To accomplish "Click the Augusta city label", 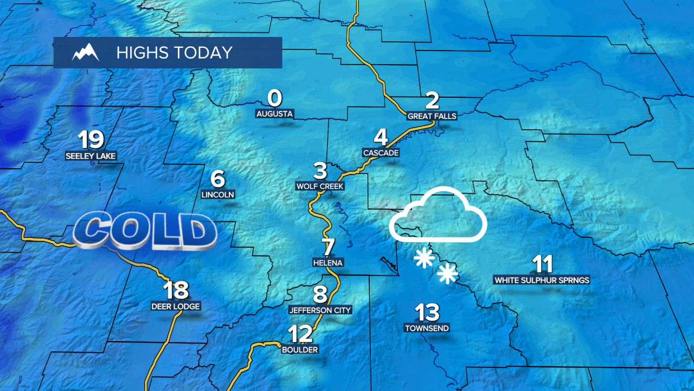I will point(275,114).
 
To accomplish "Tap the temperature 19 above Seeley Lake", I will point(91,140).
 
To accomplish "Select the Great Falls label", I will point(432,116).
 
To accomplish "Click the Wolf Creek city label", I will point(320,186).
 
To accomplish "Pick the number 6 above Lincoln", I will point(217,178).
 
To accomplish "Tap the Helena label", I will point(328,262).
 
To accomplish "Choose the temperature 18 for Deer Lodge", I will point(176,291).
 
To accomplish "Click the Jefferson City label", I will point(320,310).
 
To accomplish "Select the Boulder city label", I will point(300,350).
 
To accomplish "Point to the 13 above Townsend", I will point(427,312).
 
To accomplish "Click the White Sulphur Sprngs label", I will point(541,281).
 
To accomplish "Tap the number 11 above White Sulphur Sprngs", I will point(542,264).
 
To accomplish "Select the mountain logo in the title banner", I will point(86,53).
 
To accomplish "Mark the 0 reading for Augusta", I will point(275,98).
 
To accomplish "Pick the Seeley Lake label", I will point(91,156).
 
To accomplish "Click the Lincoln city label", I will point(217,194).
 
